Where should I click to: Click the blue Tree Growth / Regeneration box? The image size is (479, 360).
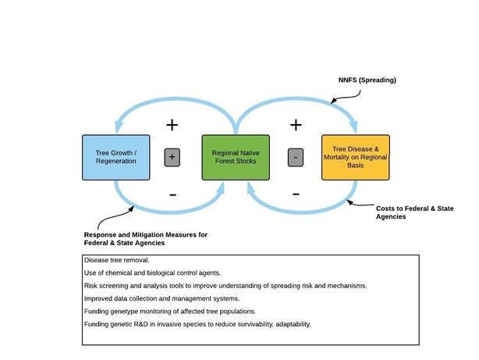[x=115, y=157]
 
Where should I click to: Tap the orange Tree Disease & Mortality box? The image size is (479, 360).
[x=355, y=157]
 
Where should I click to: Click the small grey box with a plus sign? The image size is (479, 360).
[x=172, y=157]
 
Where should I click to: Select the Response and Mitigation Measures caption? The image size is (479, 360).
[x=146, y=238]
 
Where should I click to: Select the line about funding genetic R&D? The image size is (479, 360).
[x=197, y=323]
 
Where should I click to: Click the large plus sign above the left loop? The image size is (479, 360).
[x=172, y=124]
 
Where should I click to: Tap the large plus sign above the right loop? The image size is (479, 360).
[x=296, y=124]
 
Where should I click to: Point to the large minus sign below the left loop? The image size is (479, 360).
[x=172, y=193]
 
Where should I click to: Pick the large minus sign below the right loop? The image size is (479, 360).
[x=296, y=193]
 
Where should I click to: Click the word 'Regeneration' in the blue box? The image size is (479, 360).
[x=115, y=162]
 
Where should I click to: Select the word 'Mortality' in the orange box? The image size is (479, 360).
[x=345, y=157]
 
